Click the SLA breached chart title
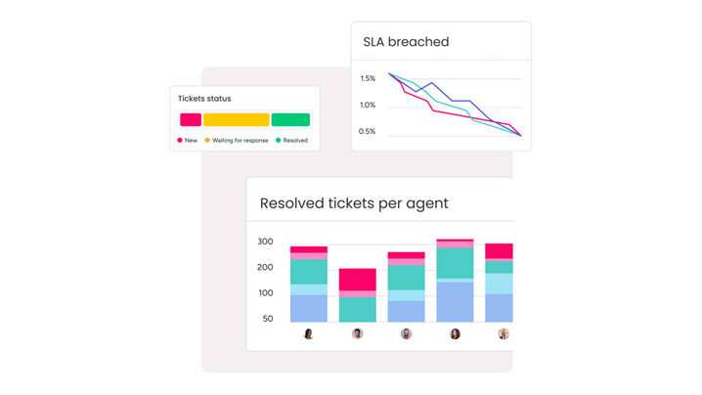tap(406, 42)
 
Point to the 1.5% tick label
tap(368, 78)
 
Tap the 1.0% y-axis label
tap(368, 105)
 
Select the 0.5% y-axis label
tap(368, 131)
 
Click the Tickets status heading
tap(204, 99)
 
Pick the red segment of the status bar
tap(191, 119)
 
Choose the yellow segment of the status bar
tap(236, 119)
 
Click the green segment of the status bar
tap(290, 119)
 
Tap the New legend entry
tap(188, 141)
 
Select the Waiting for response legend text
tap(240, 141)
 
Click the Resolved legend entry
tap(291, 141)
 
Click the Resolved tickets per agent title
tap(354, 203)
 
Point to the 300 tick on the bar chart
tap(265, 241)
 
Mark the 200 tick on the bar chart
tap(265, 267)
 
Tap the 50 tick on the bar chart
tap(268, 319)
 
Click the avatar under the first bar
tap(309, 333)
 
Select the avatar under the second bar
tap(358, 333)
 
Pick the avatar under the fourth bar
tap(455, 333)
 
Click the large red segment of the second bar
tap(358, 279)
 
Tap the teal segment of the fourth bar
tap(455, 262)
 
